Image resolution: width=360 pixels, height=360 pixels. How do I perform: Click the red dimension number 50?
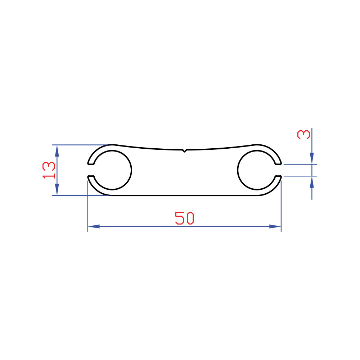(x=184, y=218)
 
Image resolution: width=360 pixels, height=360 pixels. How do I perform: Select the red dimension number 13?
(x=49, y=170)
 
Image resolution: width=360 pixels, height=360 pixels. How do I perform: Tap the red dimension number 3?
(x=303, y=134)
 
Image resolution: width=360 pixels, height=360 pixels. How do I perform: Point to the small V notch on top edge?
(x=184, y=150)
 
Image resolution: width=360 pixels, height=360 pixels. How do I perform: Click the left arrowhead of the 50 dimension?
(x=94, y=226)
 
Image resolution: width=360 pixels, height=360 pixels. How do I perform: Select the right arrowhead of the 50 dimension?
(x=275, y=226)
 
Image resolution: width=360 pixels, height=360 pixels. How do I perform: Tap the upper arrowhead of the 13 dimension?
(x=57, y=151)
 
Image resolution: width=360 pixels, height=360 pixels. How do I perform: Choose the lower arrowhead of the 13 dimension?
(x=57, y=189)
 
